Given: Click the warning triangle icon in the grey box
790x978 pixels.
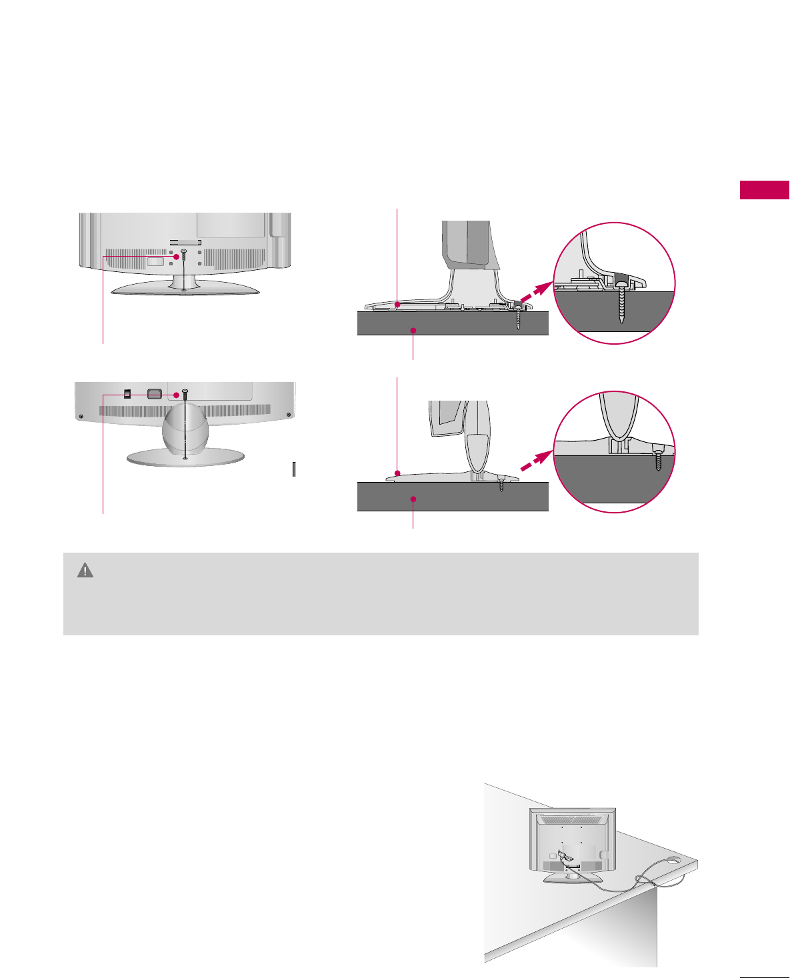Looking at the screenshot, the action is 85,570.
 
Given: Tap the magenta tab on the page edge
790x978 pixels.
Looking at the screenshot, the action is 764,190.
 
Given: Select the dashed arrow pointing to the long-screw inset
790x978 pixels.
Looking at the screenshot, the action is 537,291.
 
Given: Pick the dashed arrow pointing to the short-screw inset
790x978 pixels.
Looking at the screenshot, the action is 537,461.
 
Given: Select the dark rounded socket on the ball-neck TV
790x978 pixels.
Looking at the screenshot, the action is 154,393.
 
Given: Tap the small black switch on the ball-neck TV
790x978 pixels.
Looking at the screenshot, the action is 127,393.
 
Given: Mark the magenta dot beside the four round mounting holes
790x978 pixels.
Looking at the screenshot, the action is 177,257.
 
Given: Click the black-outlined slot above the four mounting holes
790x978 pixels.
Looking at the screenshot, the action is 185,241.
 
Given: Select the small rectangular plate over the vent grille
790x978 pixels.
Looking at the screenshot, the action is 154,261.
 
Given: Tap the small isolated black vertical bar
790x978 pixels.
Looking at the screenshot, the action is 293,469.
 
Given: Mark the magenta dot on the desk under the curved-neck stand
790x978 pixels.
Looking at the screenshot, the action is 413,330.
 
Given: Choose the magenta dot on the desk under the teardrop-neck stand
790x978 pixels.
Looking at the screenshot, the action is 413,499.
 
